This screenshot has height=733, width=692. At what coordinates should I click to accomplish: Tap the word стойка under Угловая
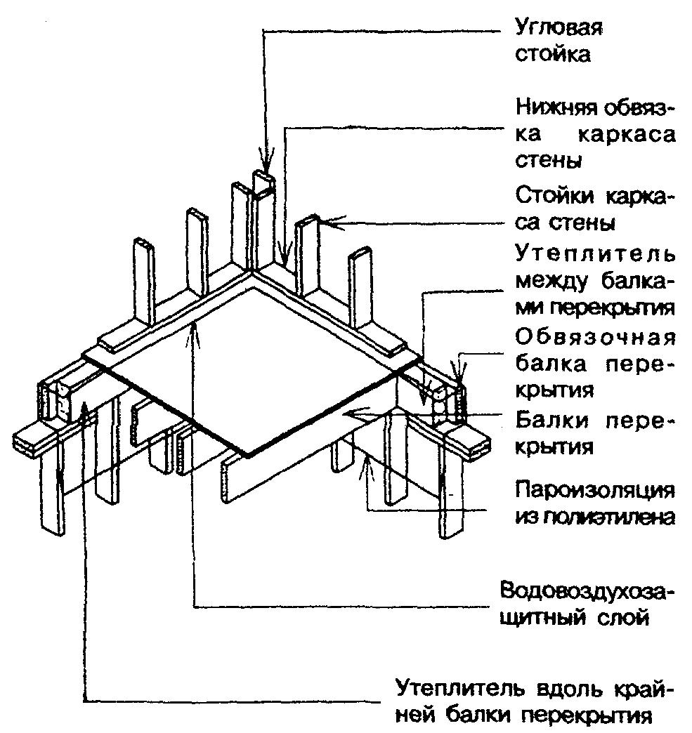[x=553, y=55]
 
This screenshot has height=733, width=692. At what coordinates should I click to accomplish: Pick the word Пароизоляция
[x=594, y=489]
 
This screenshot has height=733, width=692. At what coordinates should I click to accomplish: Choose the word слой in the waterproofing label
[x=622, y=619]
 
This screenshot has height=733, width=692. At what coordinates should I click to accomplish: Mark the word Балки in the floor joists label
[x=547, y=420]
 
